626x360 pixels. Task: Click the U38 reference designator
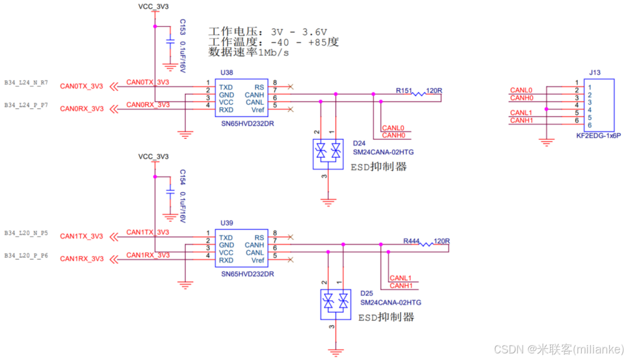tap(226, 72)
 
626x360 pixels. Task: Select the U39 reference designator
tap(226, 223)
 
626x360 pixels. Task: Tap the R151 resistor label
tap(404, 91)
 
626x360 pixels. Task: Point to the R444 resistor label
tap(411, 241)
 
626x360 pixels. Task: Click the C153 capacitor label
tap(183, 27)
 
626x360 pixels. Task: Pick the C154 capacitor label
tap(183, 178)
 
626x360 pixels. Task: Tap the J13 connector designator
tap(594, 72)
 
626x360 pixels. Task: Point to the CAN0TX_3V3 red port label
tap(81, 86)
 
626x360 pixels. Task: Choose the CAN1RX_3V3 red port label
tap(81, 259)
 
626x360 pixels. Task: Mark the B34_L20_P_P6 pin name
tap(26, 255)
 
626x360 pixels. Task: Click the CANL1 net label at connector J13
tap(521, 112)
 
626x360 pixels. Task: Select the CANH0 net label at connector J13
tap(521, 97)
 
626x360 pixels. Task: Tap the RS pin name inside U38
tap(259, 87)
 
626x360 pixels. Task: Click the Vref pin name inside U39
tap(258, 260)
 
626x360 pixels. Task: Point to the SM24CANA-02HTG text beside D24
tap(383, 152)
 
